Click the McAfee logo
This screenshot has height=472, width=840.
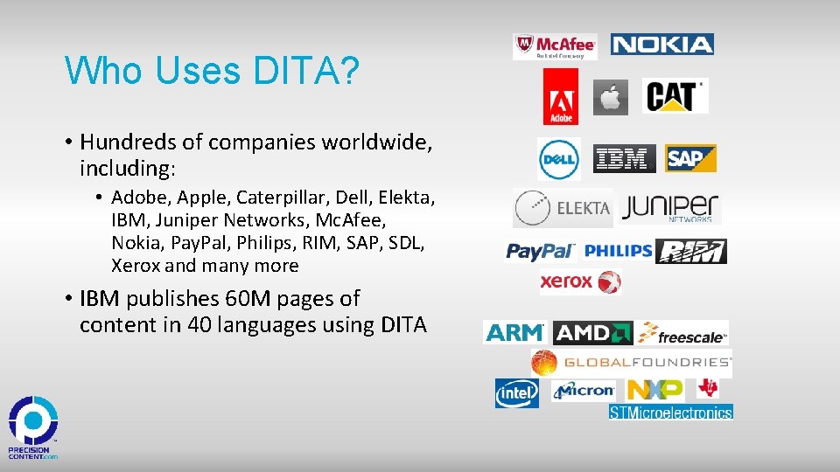pyautogui.click(x=555, y=46)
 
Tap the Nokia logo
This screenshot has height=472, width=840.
pyautogui.click(x=662, y=45)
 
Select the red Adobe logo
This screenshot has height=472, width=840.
pyautogui.click(x=560, y=96)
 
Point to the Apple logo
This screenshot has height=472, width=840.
pyautogui.click(x=611, y=97)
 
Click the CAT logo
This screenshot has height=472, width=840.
pyautogui.click(x=675, y=96)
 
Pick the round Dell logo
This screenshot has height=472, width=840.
pyautogui.click(x=559, y=159)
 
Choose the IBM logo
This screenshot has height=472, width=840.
pyautogui.click(x=624, y=159)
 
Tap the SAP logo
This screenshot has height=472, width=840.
pyautogui.click(x=690, y=158)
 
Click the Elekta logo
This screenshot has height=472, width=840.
pyautogui.click(x=563, y=208)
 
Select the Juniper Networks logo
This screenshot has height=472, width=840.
pyautogui.click(x=671, y=209)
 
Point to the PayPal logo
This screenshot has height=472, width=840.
pyautogui.click(x=541, y=252)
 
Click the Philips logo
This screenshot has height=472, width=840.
pyautogui.click(x=618, y=251)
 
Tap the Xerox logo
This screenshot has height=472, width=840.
pyautogui.click(x=580, y=281)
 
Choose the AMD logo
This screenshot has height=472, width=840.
pyautogui.click(x=593, y=333)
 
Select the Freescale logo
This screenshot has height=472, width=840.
pyautogui.click(x=682, y=333)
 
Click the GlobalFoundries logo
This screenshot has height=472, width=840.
pyautogui.click(x=631, y=362)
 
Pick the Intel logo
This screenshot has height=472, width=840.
pyautogui.click(x=517, y=393)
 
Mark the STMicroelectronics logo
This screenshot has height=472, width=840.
pyautogui.click(x=670, y=412)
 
